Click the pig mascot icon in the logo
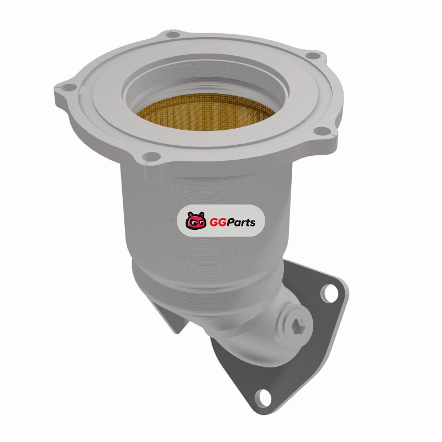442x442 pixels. [x=196, y=220]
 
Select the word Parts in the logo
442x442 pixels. [x=240, y=223]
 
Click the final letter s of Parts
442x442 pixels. [x=252, y=223]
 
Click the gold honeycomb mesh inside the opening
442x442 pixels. [x=205, y=113]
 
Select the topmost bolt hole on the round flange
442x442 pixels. [x=172, y=35]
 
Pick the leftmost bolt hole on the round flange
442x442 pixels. [x=69, y=87]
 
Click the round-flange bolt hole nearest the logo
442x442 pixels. [x=151, y=156]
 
